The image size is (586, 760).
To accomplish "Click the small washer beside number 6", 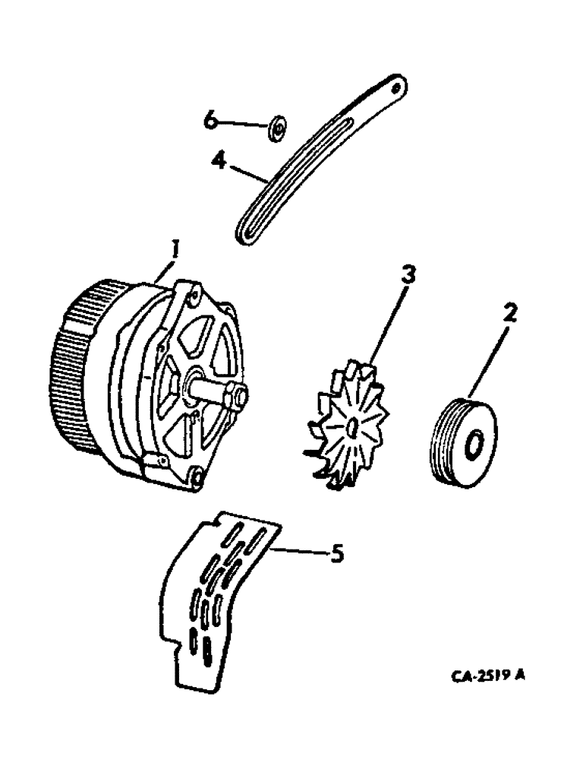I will pos(279,126).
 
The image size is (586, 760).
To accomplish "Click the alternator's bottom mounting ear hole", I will pos(198,477).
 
